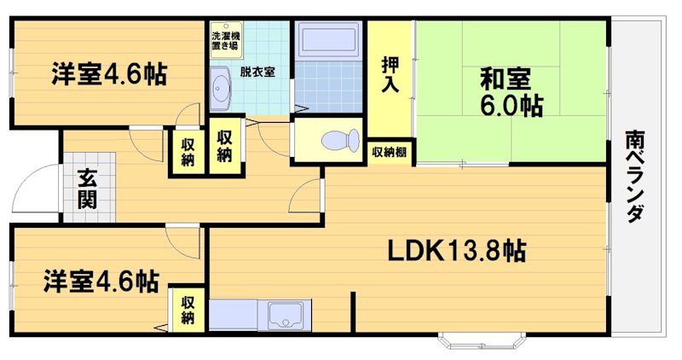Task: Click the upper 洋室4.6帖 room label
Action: [x=107, y=73]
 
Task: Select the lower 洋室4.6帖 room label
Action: [x=101, y=281]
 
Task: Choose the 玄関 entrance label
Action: [x=86, y=189]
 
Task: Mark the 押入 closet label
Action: [x=390, y=79]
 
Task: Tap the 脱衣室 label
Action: [x=257, y=72]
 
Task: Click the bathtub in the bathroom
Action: [x=327, y=40]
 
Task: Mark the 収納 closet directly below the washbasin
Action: [x=224, y=146]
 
